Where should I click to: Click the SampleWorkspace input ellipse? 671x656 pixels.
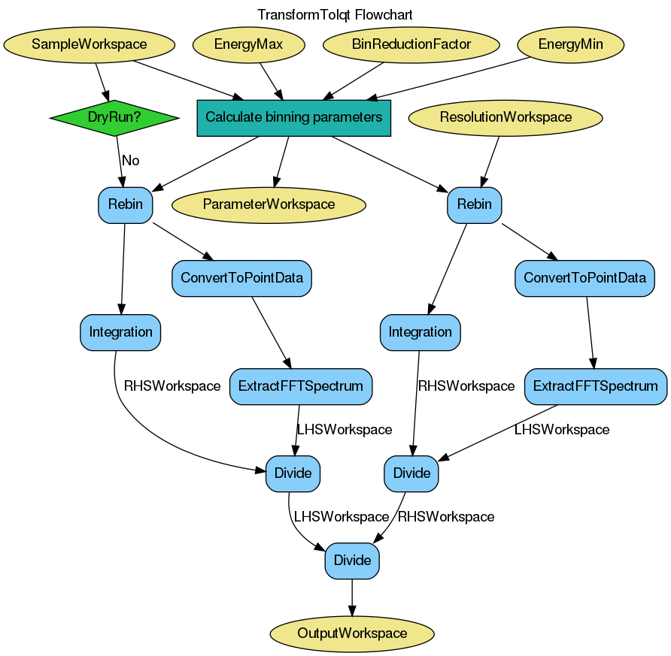coord(90,44)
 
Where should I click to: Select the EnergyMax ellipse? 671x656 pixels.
coord(248,44)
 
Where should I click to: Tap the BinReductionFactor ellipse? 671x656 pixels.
coord(411,44)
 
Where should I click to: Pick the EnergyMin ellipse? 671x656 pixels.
coord(570,44)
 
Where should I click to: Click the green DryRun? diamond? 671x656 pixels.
coord(114,117)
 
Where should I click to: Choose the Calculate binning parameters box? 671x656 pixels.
coord(293,118)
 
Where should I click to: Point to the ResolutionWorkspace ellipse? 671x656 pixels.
coord(506,117)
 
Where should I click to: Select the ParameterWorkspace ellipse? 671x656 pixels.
coord(269,204)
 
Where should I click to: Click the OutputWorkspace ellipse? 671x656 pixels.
coord(352,633)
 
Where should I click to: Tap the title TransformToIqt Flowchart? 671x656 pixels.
coord(335,15)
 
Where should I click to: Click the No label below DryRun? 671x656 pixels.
coord(130,160)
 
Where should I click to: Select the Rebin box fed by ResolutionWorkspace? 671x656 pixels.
coord(474,204)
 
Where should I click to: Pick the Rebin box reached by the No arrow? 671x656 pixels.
coord(125,204)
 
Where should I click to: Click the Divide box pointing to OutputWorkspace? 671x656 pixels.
coord(352,561)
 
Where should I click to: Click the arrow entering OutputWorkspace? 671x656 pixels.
coord(352,599)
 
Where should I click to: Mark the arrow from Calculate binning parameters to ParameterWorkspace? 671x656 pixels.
coord(282,162)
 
